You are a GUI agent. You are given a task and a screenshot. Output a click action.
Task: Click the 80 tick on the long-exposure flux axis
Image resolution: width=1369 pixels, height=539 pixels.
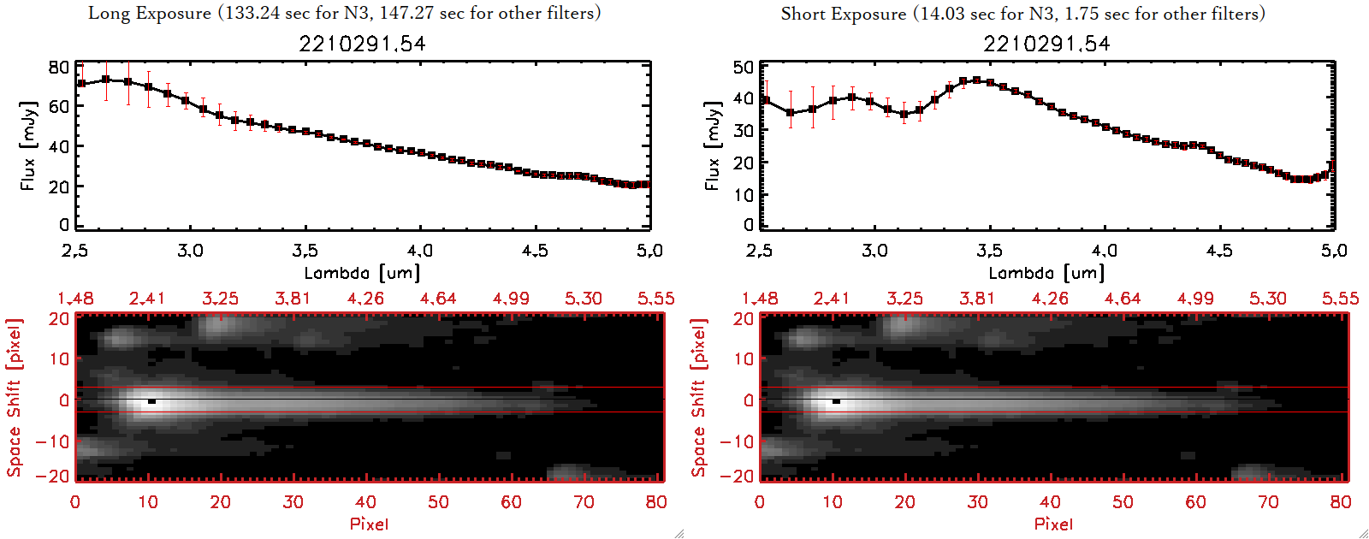click(59, 67)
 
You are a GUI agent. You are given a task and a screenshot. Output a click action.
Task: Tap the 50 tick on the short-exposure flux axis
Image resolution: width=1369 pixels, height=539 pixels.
click(744, 67)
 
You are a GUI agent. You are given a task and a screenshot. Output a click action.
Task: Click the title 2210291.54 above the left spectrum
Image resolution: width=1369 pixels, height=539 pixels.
click(362, 44)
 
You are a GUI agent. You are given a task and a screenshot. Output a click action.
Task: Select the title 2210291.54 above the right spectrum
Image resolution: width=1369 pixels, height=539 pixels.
click(1046, 44)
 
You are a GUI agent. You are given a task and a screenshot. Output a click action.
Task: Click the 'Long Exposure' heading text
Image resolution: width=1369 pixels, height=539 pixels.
click(150, 13)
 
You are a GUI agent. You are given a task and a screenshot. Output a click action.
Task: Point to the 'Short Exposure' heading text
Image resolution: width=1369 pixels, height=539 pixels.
click(843, 14)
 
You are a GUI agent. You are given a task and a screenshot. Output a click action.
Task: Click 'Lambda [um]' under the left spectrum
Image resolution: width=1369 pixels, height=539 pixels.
click(362, 273)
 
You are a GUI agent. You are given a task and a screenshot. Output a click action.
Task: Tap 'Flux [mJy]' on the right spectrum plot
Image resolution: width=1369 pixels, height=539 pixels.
click(712, 145)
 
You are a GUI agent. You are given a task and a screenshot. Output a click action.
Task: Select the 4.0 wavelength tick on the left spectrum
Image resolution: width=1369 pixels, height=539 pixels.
click(420, 251)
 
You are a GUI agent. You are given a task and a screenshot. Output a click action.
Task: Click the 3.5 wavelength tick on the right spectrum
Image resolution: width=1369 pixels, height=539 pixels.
click(990, 251)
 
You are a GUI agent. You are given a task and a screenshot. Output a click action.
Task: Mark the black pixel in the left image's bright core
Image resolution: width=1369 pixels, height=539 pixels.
click(151, 400)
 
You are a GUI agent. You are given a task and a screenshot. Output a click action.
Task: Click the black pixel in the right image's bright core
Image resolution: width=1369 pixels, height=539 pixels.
click(836, 400)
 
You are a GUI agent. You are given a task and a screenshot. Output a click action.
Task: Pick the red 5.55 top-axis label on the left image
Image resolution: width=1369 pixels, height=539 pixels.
click(655, 299)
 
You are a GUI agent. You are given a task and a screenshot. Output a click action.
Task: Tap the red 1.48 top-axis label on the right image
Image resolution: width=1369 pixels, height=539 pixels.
click(760, 299)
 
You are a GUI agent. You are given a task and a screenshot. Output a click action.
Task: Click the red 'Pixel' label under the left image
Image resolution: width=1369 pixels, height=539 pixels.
click(369, 524)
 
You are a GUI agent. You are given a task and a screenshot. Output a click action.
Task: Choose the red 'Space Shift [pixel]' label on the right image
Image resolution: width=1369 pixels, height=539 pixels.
click(699, 398)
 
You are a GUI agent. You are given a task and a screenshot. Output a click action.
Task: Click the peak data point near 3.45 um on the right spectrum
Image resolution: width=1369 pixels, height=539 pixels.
click(976, 80)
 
